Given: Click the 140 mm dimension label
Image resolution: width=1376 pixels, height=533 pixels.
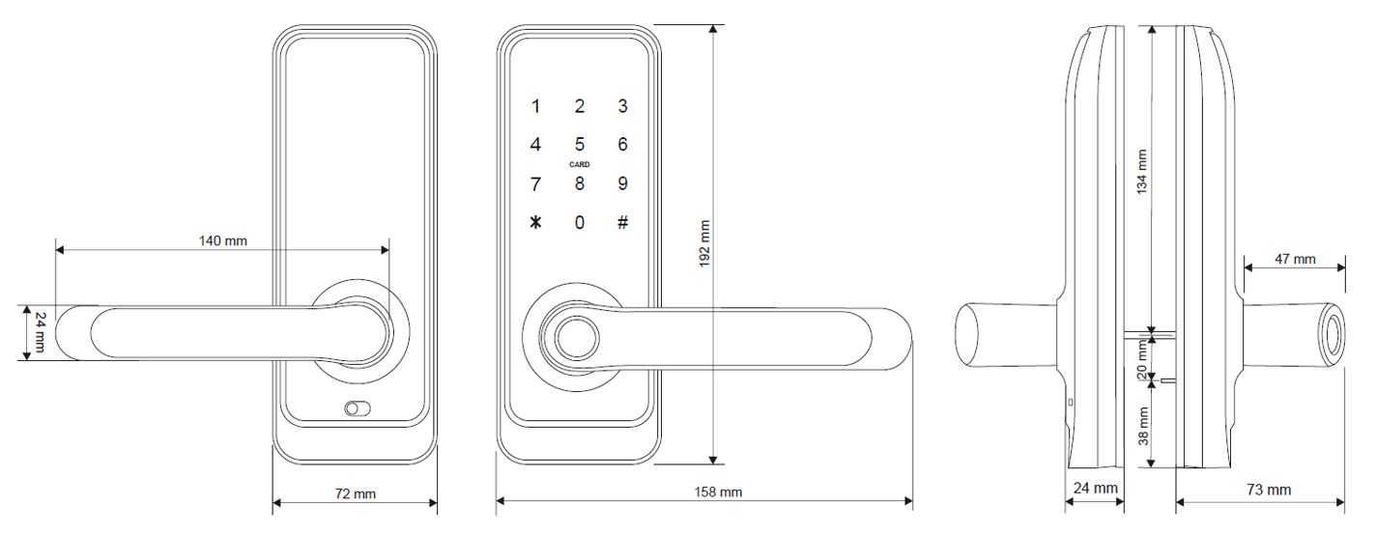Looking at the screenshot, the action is click(x=222, y=240).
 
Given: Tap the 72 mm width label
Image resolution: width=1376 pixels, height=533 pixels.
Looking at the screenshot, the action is click(x=355, y=493).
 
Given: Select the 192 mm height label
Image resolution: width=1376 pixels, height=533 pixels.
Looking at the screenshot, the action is click(x=704, y=243).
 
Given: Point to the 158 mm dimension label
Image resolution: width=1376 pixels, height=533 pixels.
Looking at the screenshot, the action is click(x=718, y=491).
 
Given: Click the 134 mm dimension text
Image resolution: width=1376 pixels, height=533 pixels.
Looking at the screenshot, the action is click(x=1141, y=172).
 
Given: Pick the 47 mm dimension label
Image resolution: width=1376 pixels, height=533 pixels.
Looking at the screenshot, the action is click(x=1295, y=259).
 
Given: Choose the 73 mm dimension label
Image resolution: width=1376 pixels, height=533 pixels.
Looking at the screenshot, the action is click(x=1269, y=490).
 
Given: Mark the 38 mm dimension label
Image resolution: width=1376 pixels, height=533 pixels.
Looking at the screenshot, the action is click(x=1143, y=426).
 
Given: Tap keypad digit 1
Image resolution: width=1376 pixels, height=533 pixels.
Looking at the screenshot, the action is click(x=535, y=106).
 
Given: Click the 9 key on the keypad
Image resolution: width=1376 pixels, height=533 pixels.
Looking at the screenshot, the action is click(x=622, y=183).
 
